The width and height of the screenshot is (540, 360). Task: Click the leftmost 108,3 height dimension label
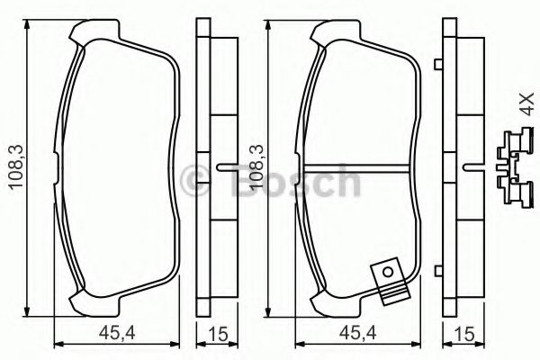(13, 166)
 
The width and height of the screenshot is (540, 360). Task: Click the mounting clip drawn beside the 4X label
(514, 166)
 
